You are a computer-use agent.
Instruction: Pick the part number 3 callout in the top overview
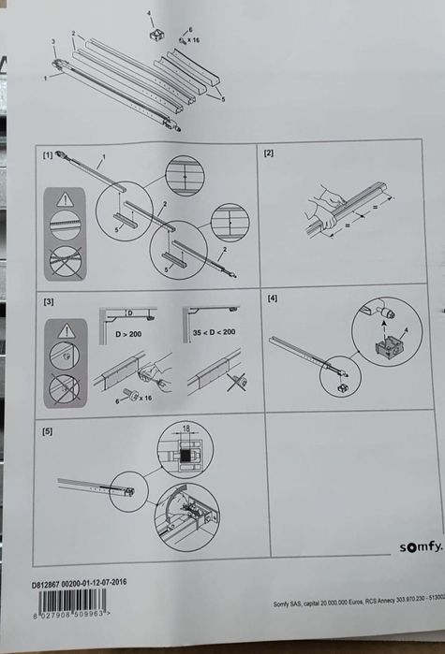tap(53, 43)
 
